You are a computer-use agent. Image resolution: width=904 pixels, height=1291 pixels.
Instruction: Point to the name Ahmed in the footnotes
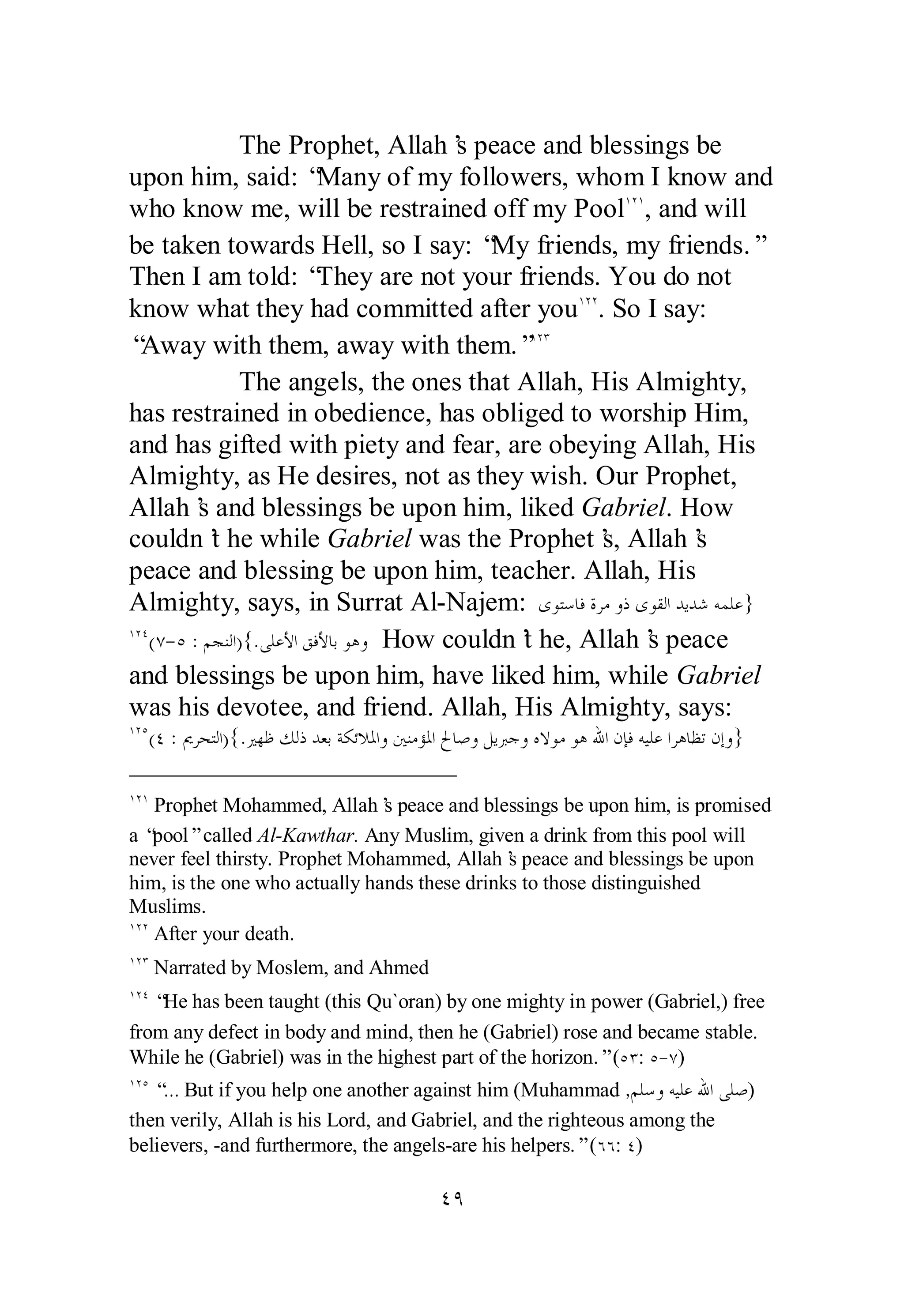(399, 967)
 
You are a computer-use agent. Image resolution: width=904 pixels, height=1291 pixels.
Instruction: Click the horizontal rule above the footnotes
(292, 776)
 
